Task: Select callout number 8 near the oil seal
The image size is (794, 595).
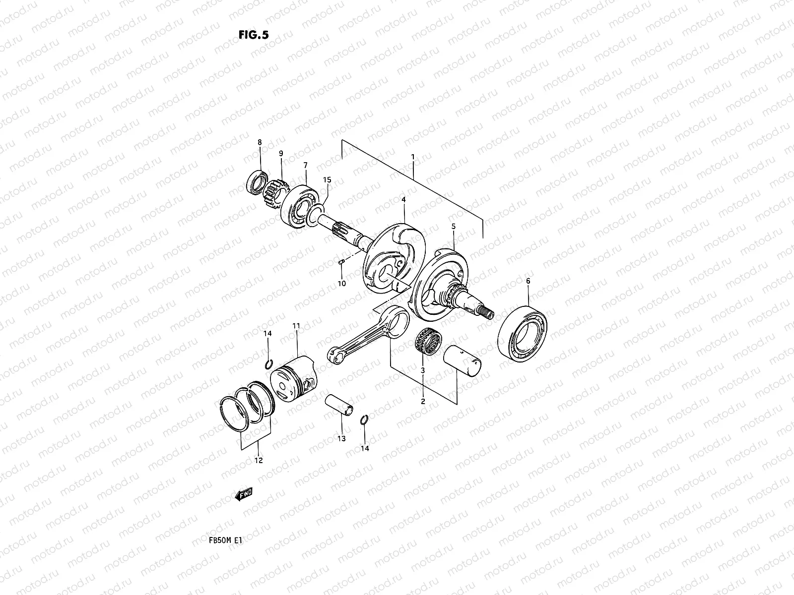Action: [x=259, y=143]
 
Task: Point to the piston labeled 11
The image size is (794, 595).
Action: [x=292, y=380]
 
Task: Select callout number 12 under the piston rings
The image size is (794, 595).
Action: [x=258, y=461]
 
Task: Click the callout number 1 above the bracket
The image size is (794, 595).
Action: [x=412, y=156]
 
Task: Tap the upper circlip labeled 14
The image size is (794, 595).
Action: [x=267, y=364]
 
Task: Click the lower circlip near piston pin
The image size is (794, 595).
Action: [x=364, y=420]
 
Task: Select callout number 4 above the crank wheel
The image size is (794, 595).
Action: [x=404, y=199]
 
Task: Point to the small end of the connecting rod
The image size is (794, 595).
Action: [x=333, y=355]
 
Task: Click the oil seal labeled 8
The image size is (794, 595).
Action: [x=256, y=181]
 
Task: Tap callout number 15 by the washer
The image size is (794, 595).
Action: [x=326, y=179]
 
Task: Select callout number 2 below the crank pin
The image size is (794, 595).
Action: [x=423, y=402]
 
